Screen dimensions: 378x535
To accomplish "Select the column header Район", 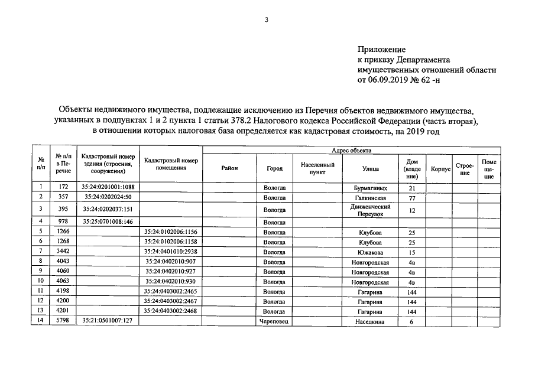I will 229,168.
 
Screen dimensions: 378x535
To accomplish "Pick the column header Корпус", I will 440,169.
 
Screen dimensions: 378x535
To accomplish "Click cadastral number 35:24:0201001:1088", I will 108,188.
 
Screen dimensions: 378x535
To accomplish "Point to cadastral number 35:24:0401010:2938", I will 170,252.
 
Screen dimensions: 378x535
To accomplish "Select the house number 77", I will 413,197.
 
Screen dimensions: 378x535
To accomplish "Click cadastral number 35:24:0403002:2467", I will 170,302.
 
